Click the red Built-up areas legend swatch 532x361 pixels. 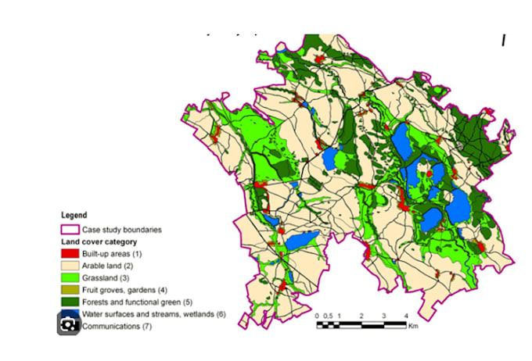click(x=70, y=254)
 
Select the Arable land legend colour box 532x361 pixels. click(x=70, y=266)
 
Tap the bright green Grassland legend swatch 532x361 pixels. click(x=70, y=278)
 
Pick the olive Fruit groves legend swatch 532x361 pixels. click(x=70, y=290)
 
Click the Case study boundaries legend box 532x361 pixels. click(x=70, y=230)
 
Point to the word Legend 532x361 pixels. click(x=74, y=215)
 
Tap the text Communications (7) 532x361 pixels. click(x=117, y=327)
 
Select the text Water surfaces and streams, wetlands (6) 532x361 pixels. click(x=153, y=314)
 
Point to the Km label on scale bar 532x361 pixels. click(x=413, y=326)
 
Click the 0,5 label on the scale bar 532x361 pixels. click(x=328, y=315)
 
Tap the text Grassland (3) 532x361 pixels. click(x=107, y=278)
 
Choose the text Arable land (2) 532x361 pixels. click(x=110, y=266)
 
